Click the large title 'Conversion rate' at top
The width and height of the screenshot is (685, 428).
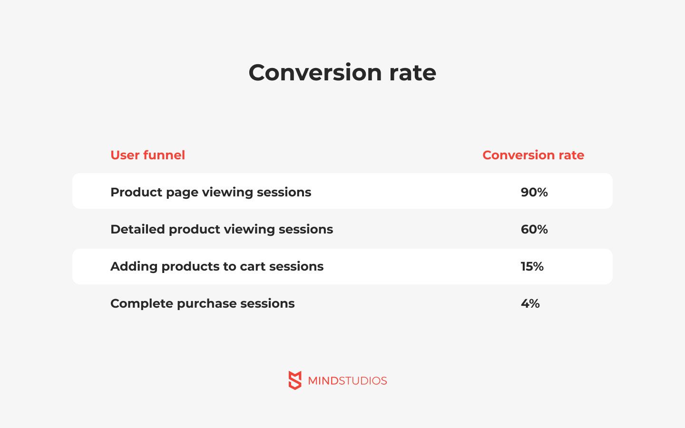click(x=342, y=72)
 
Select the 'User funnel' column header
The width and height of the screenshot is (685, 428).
click(x=147, y=155)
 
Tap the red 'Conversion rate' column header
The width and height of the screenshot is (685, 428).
click(x=533, y=155)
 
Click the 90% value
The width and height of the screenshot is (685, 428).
click(x=534, y=192)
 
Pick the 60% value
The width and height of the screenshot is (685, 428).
click(x=534, y=229)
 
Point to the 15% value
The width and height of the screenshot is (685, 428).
click(x=532, y=266)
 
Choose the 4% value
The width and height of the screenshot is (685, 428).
click(x=530, y=303)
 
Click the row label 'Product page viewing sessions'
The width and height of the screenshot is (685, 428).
click(x=211, y=193)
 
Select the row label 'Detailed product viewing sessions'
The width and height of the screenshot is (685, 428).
click(x=222, y=230)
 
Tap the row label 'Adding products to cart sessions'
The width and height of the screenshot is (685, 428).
click(x=217, y=267)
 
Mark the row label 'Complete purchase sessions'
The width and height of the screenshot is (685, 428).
click(x=203, y=304)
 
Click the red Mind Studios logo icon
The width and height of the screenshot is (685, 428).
click(x=295, y=380)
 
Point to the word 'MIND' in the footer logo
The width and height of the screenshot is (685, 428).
click(x=323, y=381)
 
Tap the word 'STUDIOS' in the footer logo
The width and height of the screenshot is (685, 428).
click(x=363, y=381)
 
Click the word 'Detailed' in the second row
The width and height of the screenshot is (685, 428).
click(x=137, y=229)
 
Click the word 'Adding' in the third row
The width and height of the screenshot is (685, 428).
click(x=134, y=267)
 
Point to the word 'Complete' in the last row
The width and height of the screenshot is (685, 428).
click(x=142, y=304)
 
